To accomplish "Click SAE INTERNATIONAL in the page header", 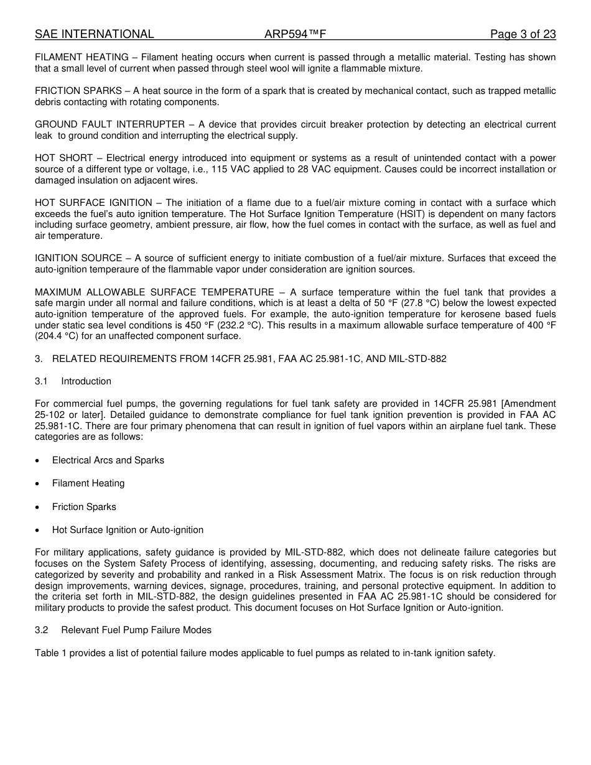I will pyautogui.click(x=95, y=34).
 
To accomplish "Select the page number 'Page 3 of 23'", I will pyautogui.click(x=523, y=34).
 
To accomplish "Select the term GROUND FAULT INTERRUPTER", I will pyautogui.click(x=109, y=124).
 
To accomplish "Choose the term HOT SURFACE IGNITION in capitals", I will pyautogui.click(x=93, y=203).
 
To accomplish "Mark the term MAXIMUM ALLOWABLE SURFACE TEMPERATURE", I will pyautogui.click(x=154, y=292).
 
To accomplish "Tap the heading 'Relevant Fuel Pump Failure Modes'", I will pyautogui.click(x=136, y=630).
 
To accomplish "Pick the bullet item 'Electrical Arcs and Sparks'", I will pyautogui.click(x=108, y=460).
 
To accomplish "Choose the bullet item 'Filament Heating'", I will pyautogui.click(x=88, y=483).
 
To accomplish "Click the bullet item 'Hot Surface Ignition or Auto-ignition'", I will pyautogui.click(x=128, y=530).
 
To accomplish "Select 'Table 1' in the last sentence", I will pyautogui.click(x=50, y=653).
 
